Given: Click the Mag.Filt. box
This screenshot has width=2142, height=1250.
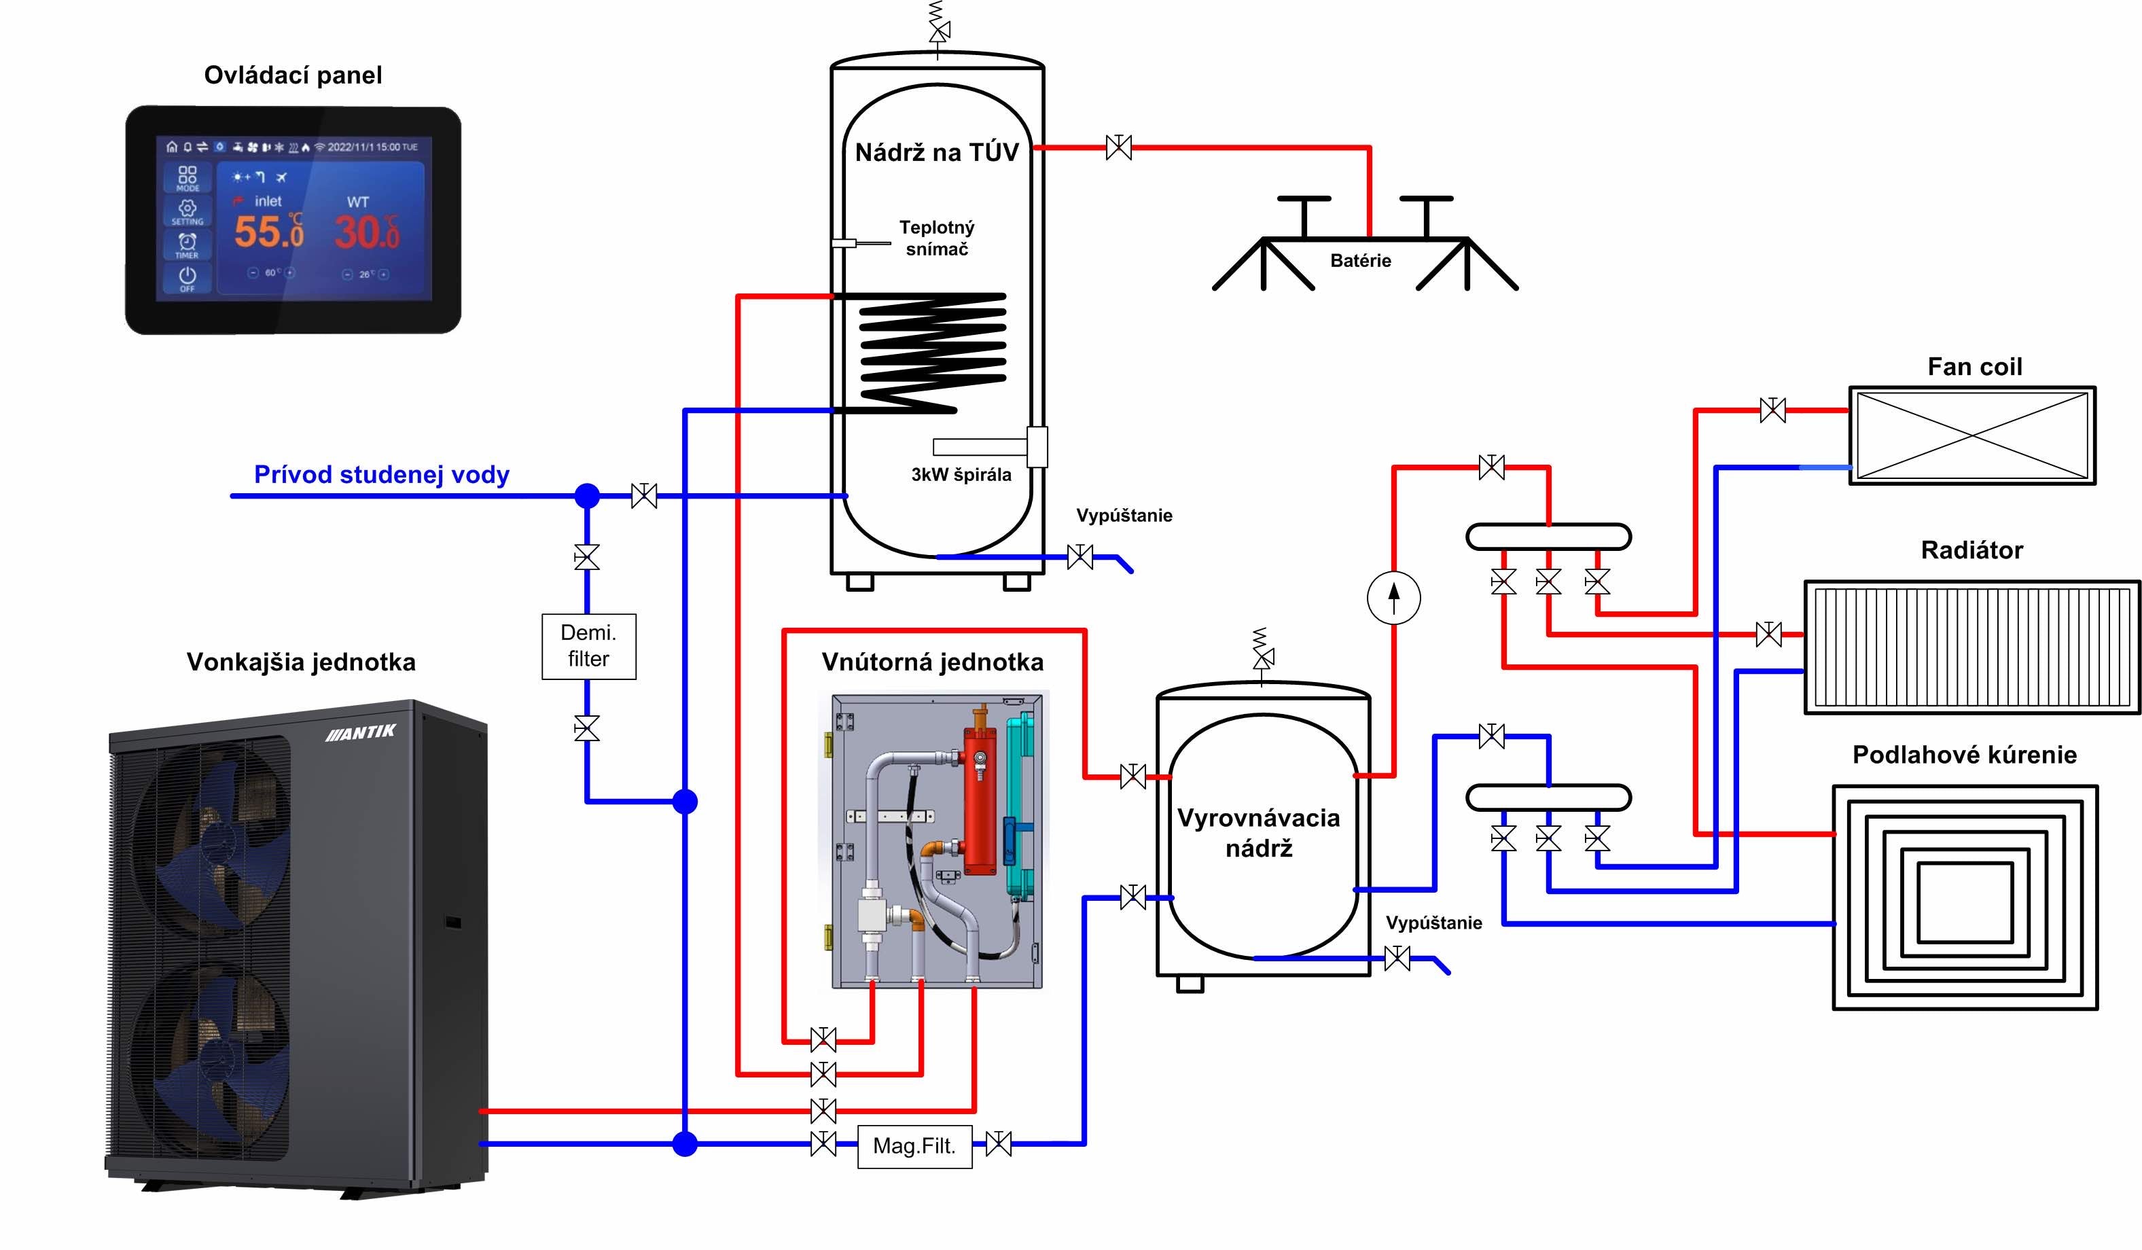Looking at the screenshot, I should coord(914,1145).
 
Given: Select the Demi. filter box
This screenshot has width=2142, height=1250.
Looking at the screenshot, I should coord(588,646).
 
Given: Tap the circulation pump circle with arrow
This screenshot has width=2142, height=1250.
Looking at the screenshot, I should coord(1393,597).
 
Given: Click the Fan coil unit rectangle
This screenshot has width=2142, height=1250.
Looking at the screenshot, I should coord(1972,435).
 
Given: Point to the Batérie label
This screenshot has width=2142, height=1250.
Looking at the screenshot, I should coord(1360,261).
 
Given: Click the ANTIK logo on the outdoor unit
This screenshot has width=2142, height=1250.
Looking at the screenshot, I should coord(361,732).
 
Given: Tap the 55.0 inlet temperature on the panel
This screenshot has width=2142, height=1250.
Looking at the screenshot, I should coord(268,231).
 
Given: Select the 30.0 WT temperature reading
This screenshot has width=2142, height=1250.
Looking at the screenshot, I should coord(366,231).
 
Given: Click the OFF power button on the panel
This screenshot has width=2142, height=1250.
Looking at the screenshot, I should coord(187,278).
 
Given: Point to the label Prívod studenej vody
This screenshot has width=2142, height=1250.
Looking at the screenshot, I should coord(382,474).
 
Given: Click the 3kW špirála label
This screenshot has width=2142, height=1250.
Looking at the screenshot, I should coord(961,475).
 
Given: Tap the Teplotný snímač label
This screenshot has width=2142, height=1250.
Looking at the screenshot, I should coord(937,238).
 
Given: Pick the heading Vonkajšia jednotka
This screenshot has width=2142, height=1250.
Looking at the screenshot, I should coord(301,662).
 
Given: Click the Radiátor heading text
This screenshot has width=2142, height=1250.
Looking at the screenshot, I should coord(1971,550).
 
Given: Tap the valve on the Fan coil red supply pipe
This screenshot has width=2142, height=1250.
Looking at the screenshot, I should coord(1772,410).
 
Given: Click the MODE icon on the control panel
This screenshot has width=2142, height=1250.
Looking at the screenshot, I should coord(187,177).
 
